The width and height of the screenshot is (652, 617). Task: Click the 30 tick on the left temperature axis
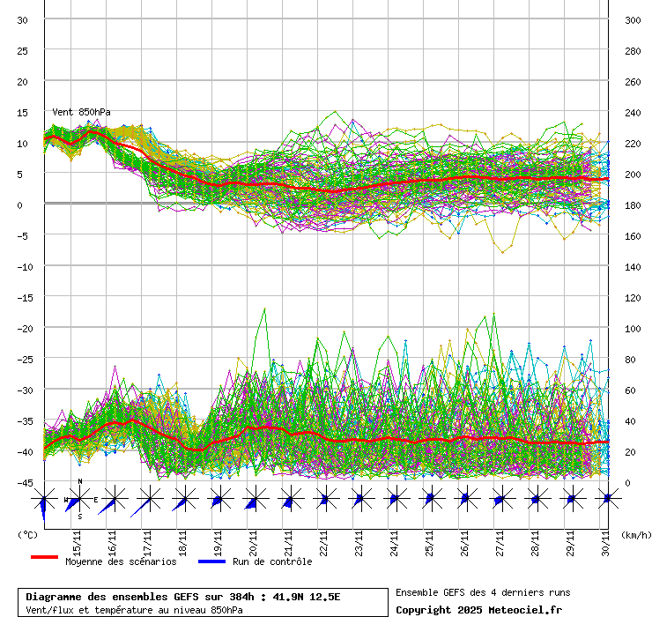23,20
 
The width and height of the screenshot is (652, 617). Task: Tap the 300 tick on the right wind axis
632,20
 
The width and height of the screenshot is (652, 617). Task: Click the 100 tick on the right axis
632,329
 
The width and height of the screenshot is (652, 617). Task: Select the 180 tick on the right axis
632,205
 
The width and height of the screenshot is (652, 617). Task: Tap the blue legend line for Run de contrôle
211,558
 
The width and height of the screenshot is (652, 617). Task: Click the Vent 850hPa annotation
81,112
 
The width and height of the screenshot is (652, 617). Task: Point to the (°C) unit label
27,533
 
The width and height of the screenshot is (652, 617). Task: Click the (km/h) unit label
635,533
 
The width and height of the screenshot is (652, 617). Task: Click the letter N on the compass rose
80,481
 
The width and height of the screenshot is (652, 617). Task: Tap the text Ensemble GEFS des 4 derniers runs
483,592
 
